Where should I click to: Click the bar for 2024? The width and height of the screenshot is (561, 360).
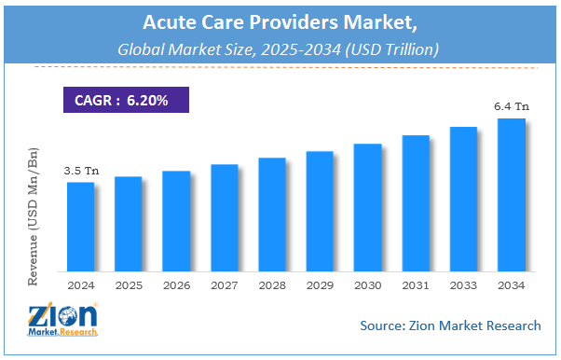click(80, 224)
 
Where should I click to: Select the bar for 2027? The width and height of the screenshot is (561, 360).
click(224, 215)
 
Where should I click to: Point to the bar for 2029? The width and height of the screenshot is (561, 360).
click(320, 209)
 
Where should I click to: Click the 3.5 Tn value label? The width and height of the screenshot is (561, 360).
click(80, 172)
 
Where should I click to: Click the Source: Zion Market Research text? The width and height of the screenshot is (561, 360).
click(449, 325)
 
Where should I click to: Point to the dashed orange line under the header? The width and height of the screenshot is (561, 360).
click(280, 67)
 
